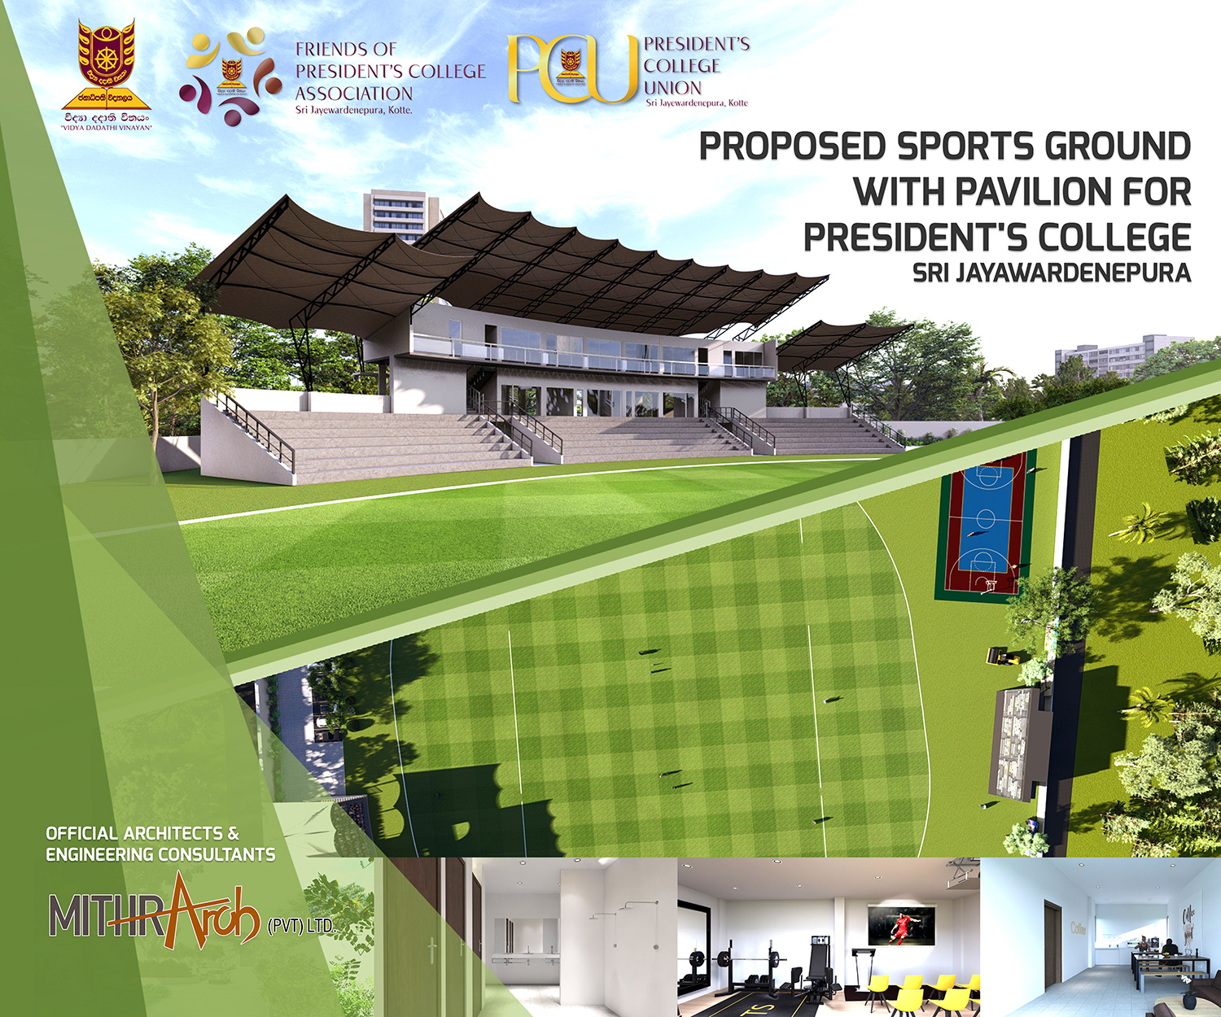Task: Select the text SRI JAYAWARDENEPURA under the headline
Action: click(1052, 273)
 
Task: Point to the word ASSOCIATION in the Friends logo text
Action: click(353, 94)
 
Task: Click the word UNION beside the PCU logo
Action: click(672, 88)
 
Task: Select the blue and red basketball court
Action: click(986, 526)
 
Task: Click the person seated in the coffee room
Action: click(1170, 949)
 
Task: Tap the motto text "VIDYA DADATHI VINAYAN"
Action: click(106, 128)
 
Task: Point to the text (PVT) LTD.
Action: click(301, 926)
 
